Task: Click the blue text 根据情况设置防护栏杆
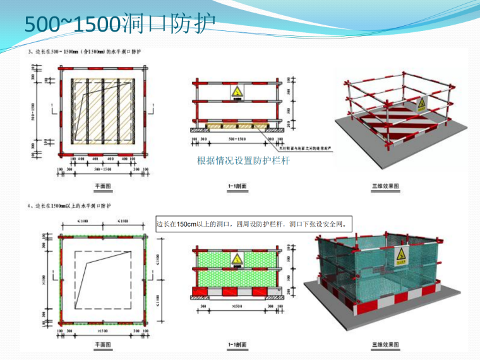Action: coord(243,162)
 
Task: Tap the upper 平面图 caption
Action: coord(103,186)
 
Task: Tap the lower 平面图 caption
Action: coord(103,344)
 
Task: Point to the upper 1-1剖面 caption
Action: coord(237,186)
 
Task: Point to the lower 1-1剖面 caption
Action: coord(237,344)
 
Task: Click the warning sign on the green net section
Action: coord(236,259)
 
